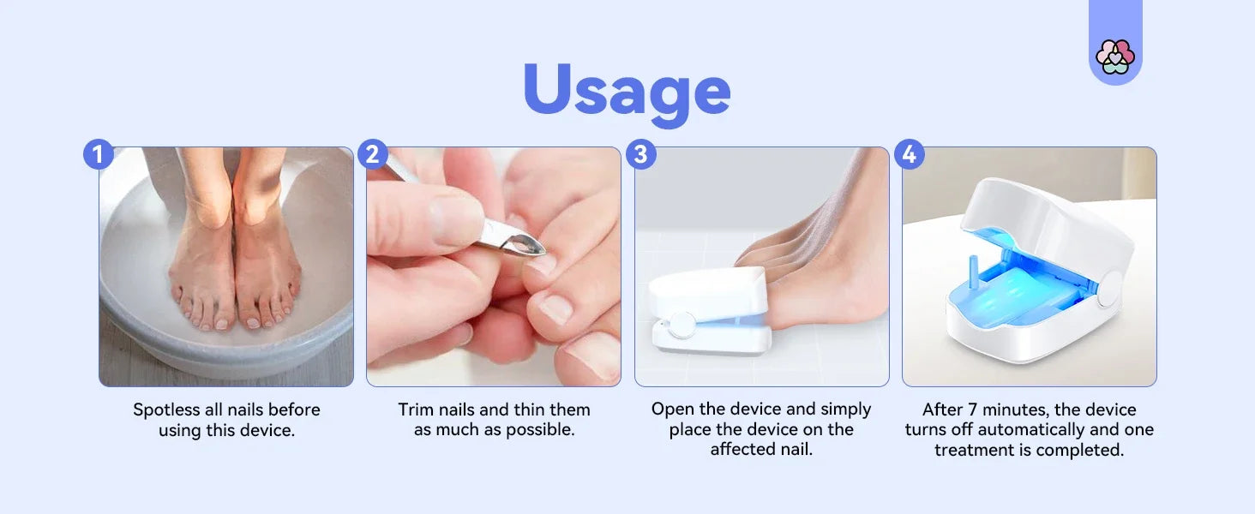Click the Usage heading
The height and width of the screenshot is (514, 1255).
(x=627, y=92)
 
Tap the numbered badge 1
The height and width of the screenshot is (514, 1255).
(x=99, y=154)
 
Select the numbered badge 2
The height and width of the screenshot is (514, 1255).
(x=373, y=154)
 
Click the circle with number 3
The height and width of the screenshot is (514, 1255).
(x=641, y=154)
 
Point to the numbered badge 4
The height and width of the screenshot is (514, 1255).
(x=910, y=154)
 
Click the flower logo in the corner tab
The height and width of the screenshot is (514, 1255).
(x=1115, y=57)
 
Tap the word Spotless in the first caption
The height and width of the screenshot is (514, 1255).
(x=166, y=409)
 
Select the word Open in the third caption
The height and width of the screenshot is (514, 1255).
(x=671, y=409)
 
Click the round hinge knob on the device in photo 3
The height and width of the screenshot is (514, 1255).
(x=682, y=325)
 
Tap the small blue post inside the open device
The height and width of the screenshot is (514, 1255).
(x=974, y=272)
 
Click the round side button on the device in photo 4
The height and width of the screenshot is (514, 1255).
(x=1108, y=289)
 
